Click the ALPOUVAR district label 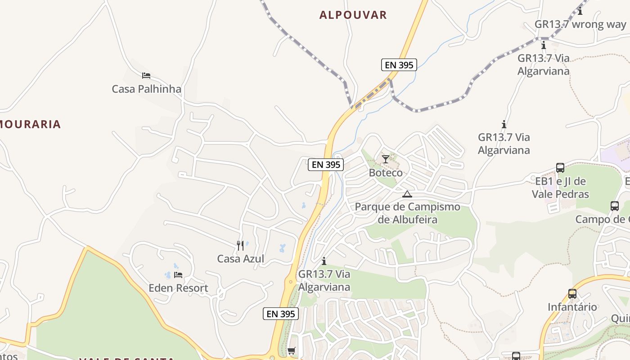(x=353, y=15)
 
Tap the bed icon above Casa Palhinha (x=146, y=76)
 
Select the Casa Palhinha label (x=146, y=89)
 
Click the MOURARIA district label (x=30, y=124)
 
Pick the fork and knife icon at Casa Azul (x=240, y=245)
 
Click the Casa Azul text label (x=241, y=259)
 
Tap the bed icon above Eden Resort (x=178, y=274)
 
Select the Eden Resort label (x=178, y=288)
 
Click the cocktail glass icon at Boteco (x=386, y=159)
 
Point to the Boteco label (x=386, y=172)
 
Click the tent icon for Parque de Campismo (x=407, y=194)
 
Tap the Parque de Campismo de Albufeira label (x=407, y=213)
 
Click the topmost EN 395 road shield (x=399, y=65)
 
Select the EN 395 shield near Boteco (x=326, y=165)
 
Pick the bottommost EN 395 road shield (x=281, y=314)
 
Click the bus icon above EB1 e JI (x=560, y=168)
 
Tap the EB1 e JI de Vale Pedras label (x=560, y=188)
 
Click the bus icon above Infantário (x=572, y=294)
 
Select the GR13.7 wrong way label (x=580, y=24)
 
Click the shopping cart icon (x=292, y=351)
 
